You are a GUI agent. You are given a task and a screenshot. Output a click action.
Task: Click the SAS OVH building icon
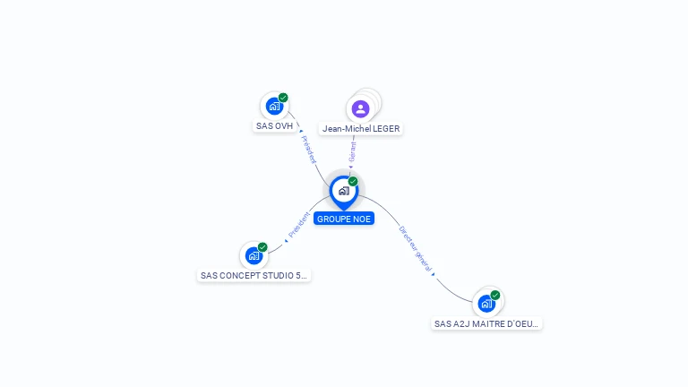(x=274, y=106)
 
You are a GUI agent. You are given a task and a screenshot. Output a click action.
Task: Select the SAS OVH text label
(x=274, y=126)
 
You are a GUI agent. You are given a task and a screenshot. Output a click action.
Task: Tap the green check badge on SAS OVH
(x=283, y=98)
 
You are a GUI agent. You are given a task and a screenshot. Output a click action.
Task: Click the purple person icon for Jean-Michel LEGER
(x=360, y=108)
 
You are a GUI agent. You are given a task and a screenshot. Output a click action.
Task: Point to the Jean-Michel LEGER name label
(x=361, y=129)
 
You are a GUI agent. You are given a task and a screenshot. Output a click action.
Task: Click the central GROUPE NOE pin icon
(x=343, y=191)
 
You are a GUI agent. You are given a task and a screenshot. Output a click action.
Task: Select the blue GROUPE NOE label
(x=344, y=219)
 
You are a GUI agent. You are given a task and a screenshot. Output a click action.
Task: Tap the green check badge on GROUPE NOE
(x=353, y=181)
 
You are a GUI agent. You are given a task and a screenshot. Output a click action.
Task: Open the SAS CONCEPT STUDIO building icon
(x=254, y=255)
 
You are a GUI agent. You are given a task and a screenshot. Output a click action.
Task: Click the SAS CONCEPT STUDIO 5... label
(x=254, y=276)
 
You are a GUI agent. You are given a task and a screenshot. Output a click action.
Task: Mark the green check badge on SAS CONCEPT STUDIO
(x=262, y=247)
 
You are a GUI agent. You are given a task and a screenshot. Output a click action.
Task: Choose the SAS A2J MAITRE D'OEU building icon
(x=486, y=304)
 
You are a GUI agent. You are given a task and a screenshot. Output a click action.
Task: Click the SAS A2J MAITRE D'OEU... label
(x=486, y=324)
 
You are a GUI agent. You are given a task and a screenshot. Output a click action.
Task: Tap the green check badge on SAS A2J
(x=494, y=296)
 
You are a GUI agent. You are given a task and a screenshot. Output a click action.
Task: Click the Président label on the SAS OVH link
(x=308, y=150)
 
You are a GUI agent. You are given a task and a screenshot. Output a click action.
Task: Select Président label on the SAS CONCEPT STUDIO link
(x=299, y=225)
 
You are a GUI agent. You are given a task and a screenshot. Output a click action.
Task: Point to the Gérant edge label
(x=353, y=151)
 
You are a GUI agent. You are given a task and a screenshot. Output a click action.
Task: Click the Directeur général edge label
(x=415, y=248)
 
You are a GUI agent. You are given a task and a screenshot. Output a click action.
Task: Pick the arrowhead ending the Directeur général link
(x=434, y=274)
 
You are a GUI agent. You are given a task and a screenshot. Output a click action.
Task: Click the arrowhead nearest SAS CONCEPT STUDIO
(x=287, y=240)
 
